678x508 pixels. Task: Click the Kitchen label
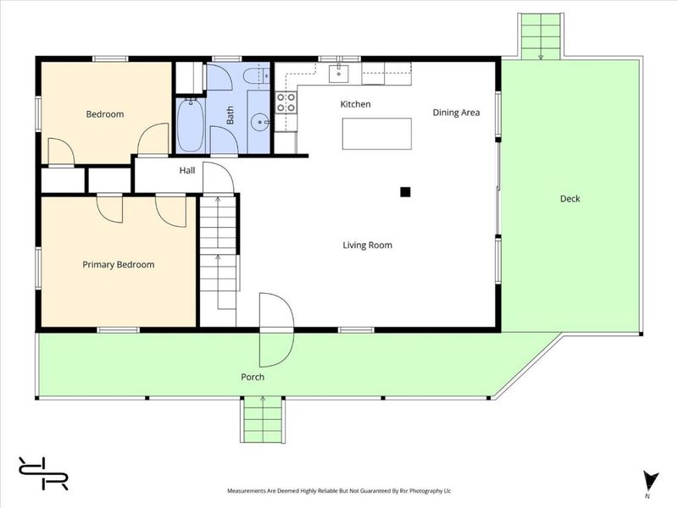355,104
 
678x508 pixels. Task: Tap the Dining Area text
456,113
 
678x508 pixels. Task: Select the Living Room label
368,246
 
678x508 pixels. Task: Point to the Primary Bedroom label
119,265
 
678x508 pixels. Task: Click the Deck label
570,199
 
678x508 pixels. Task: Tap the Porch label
253,377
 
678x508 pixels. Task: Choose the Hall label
187,171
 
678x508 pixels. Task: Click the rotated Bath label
230,115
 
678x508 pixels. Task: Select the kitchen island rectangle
377,134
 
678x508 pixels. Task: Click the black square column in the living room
405,192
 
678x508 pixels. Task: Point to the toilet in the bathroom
255,76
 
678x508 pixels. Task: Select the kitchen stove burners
286,102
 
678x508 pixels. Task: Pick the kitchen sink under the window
339,74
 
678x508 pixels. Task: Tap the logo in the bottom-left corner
43,473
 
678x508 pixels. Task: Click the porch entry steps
263,419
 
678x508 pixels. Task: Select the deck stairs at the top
541,36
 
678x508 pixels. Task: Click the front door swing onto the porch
277,349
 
